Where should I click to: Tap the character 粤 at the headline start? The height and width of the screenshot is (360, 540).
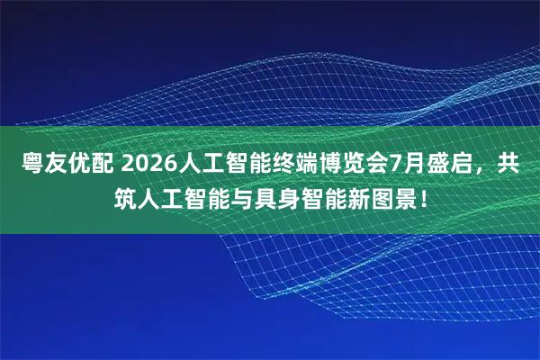click(x=32, y=166)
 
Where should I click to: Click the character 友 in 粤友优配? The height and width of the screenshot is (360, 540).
click(x=56, y=166)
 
